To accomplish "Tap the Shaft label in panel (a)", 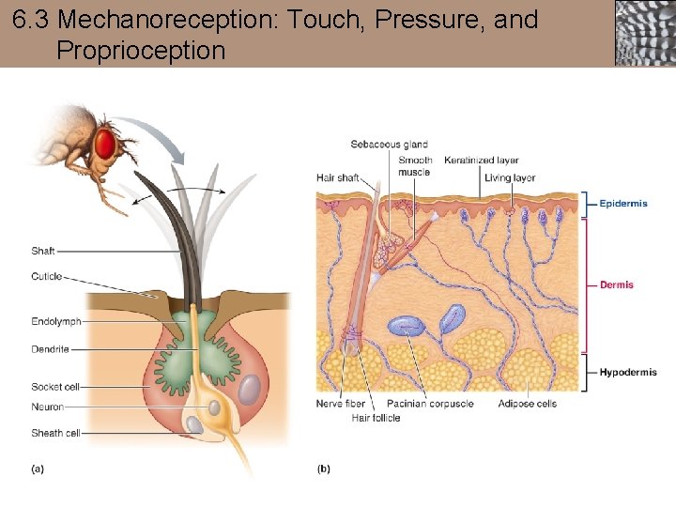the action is [43, 252].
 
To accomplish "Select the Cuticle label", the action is [46, 276].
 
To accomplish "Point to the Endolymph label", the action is [55, 322].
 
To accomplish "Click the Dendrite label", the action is [49, 349].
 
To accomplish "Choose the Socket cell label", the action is [55, 387].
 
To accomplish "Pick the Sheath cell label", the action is [55, 433].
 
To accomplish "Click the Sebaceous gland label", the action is [389, 145].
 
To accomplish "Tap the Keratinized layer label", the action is [481, 161].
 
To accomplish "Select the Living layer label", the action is [510, 178].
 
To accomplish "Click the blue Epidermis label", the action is [623, 204].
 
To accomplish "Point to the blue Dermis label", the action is [617, 284].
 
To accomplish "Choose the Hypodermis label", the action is [628, 373].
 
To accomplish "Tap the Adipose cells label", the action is [527, 404].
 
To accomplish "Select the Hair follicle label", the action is [376, 418].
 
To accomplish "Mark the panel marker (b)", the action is [324, 468].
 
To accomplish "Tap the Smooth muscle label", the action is [414, 166].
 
